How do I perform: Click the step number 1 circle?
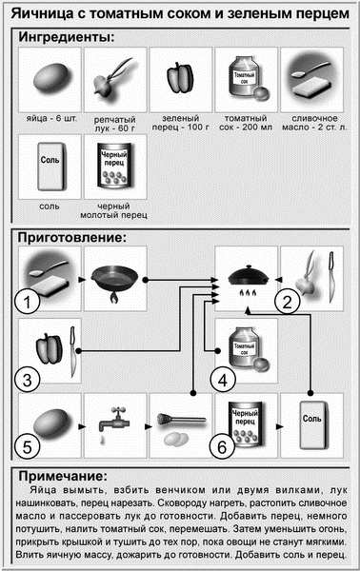click(x=27, y=302)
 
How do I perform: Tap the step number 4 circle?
click(x=223, y=380)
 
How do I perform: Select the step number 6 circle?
click(x=222, y=447)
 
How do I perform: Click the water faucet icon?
click(x=114, y=423)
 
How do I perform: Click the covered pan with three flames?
click(x=249, y=279)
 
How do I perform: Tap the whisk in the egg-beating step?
click(x=181, y=420)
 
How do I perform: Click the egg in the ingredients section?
click(x=50, y=79)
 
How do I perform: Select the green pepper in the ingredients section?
click(x=181, y=78)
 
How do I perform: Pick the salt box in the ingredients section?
click(x=52, y=167)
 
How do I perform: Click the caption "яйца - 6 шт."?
click(x=51, y=119)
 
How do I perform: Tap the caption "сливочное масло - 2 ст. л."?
click(x=315, y=123)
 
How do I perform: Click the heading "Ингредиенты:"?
click(x=67, y=37)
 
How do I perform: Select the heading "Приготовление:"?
click(x=72, y=238)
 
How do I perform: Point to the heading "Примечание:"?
click(x=63, y=477)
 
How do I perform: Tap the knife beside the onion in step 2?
click(x=330, y=277)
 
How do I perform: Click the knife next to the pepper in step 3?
click(x=73, y=352)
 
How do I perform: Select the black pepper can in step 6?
click(x=245, y=424)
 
